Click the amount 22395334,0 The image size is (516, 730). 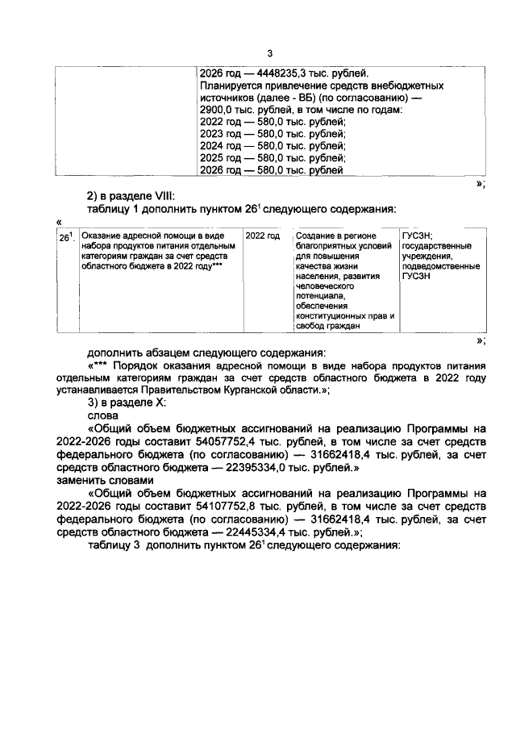click(268, 466)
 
